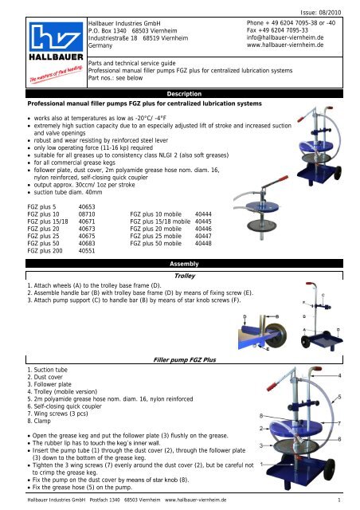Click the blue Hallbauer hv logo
(57, 37)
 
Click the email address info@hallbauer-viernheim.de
(285, 37)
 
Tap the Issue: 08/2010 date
(321, 13)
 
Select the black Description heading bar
(184, 94)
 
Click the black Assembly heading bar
(184, 264)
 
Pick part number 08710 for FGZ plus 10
(87, 214)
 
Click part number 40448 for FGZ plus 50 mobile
(203, 244)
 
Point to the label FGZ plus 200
(45, 251)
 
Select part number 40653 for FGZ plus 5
(87, 207)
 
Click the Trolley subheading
(185, 276)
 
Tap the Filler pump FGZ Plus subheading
(185, 359)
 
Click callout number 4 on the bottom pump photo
(339, 375)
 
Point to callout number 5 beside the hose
(339, 397)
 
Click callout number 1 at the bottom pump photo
(262, 465)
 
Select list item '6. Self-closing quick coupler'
(65, 406)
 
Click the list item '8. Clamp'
(39, 422)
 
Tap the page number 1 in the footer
(339, 500)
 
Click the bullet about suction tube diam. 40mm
(68, 192)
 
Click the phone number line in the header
(291, 23)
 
